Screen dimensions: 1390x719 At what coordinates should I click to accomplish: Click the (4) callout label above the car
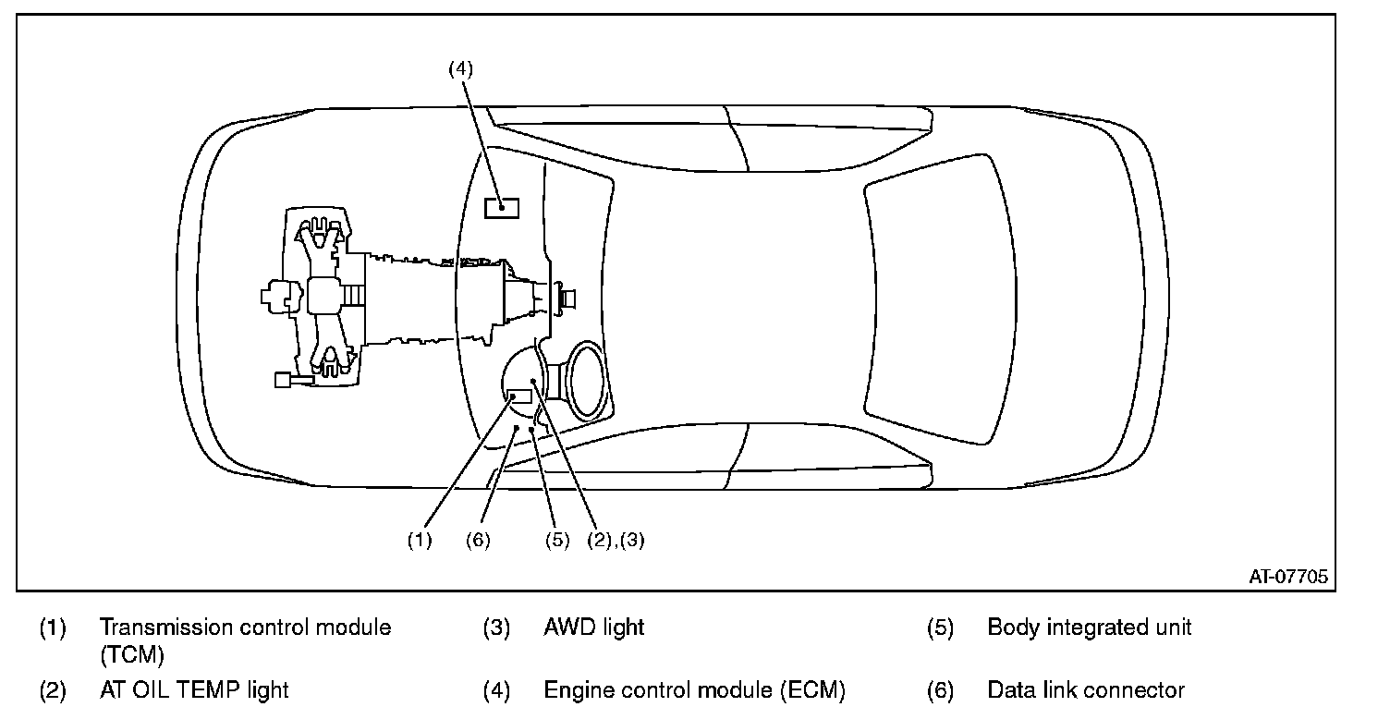coord(460,68)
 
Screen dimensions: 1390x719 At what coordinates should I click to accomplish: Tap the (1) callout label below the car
coord(420,540)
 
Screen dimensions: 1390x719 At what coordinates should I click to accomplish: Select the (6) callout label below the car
coord(478,540)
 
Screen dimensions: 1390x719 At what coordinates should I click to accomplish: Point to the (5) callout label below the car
coord(557,540)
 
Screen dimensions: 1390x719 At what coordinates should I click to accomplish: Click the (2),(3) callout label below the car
coord(616,540)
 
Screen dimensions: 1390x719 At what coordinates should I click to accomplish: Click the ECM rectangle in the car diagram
coord(502,208)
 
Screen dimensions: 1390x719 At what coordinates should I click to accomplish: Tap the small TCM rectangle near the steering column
coord(520,396)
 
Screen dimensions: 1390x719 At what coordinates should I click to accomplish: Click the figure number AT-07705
coord(1288,577)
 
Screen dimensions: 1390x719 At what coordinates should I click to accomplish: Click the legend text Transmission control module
coord(245,628)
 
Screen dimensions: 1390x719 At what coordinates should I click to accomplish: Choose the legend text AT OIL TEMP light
coord(194,689)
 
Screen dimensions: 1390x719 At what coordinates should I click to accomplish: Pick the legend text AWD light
coord(594,628)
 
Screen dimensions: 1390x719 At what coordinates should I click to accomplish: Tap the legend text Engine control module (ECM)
coord(694,689)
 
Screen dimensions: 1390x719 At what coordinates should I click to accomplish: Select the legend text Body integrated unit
coord(1089,628)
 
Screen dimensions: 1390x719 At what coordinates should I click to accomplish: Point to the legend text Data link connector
coord(1086,689)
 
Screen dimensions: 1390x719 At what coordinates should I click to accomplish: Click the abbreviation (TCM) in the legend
coord(132,655)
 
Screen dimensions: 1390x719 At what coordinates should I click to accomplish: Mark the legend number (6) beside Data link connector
coord(940,689)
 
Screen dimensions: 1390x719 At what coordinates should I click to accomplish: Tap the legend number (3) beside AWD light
coord(496,628)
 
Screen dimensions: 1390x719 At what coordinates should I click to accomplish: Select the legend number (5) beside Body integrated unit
coord(940,628)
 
